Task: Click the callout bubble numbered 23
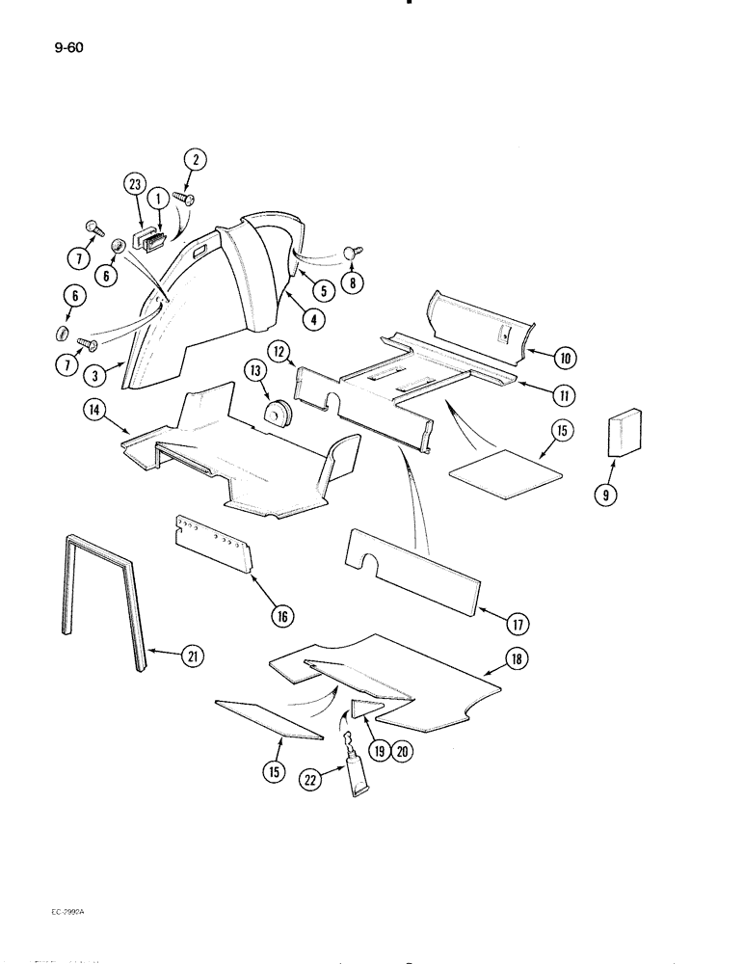point(135,182)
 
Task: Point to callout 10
point(563,358)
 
